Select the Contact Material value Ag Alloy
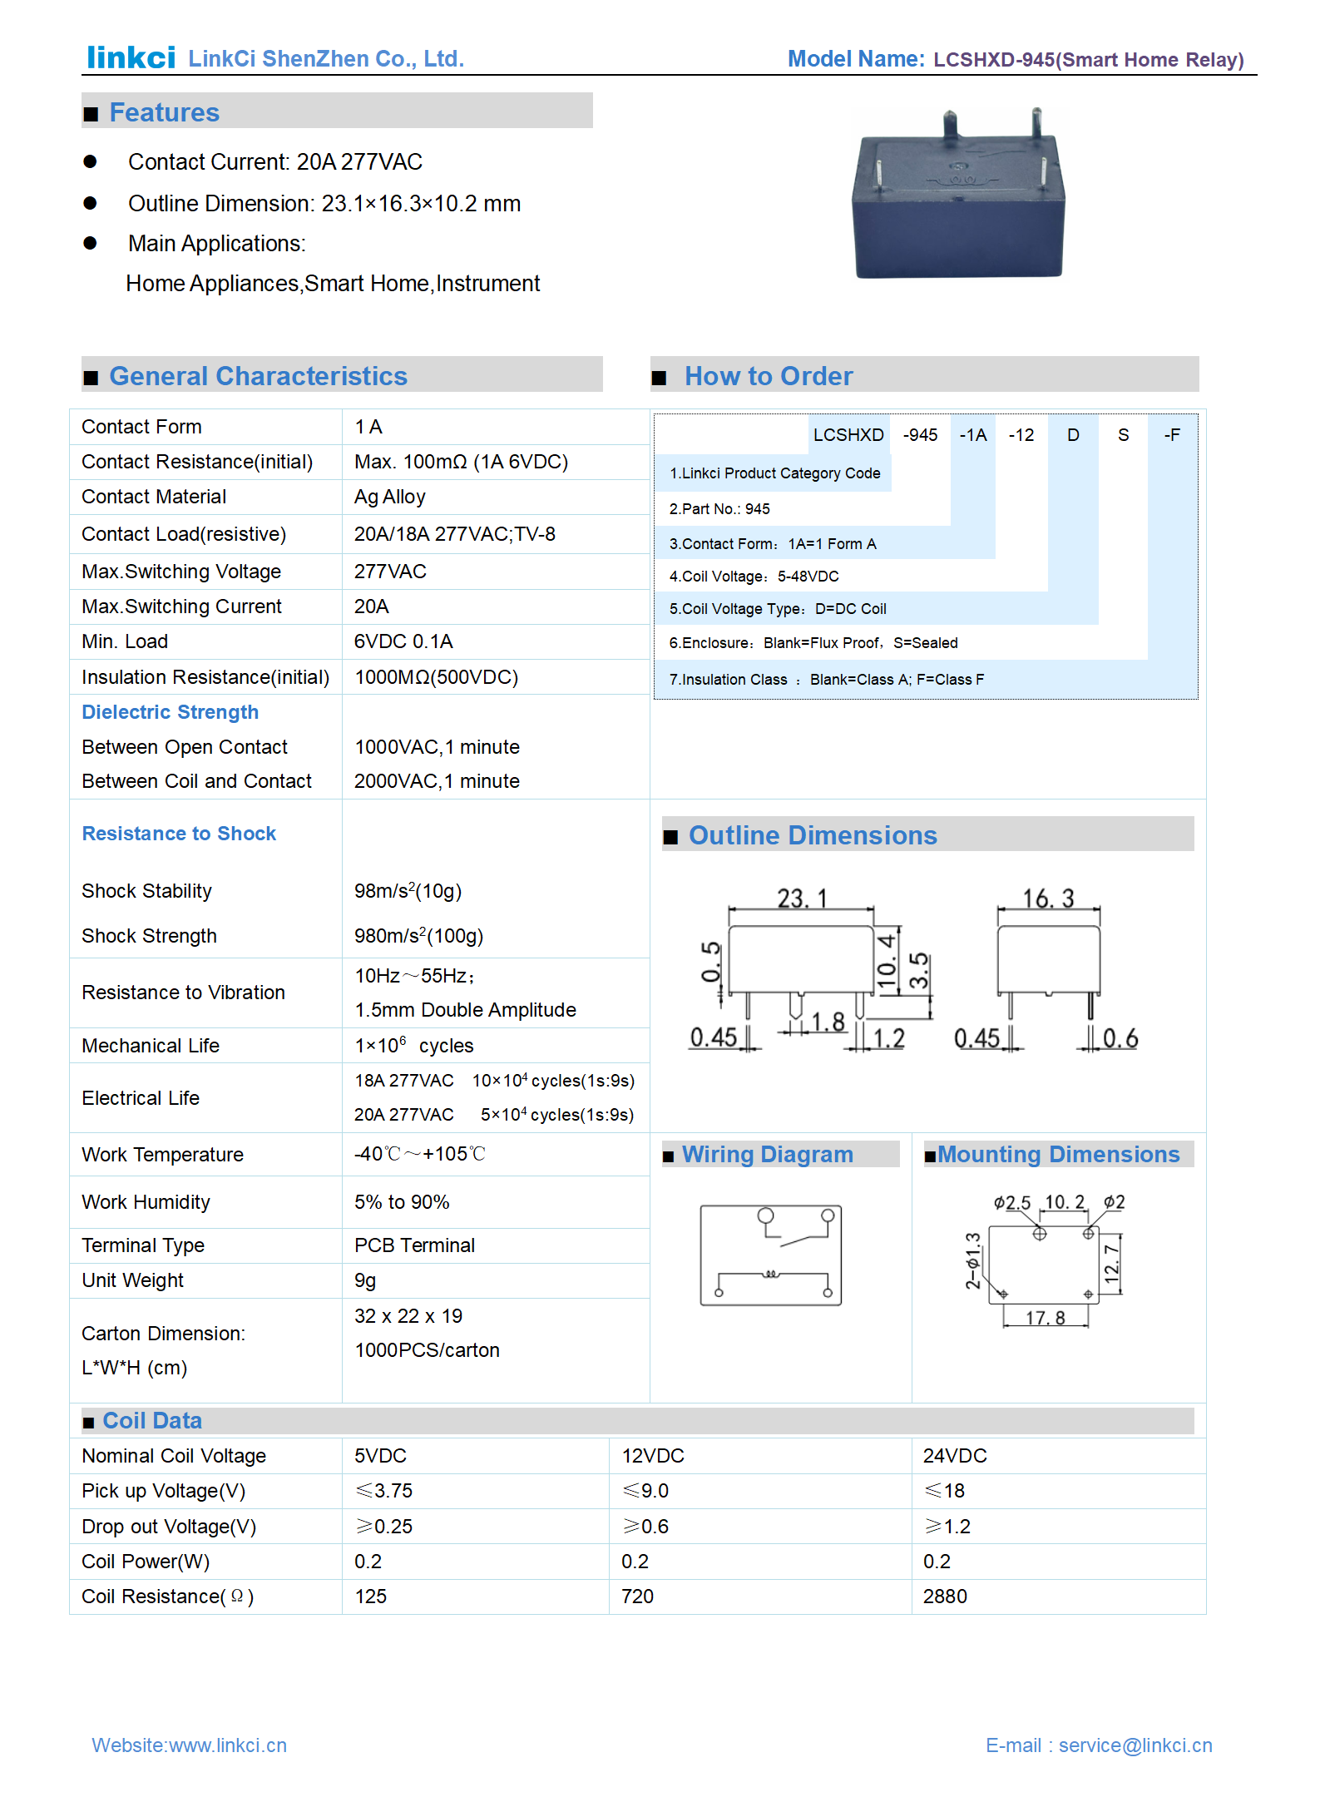pyautogui.click(x=389, y=497)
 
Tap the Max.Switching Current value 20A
pyautogui.click(x=371, y=606)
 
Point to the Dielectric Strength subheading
pyautogui.click(x=170, y=712)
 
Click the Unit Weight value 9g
pyautogui.click(x=365, y=1280)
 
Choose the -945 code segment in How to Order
pyautogui.click(x=920, y=435)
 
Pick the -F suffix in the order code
pyautogui.click(x=1171, y=435)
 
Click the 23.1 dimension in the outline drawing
pyautogui.click(x=802, y=899)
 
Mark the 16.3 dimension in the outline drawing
pyautogui.click(x=1048, y=899)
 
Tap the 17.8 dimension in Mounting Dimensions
pyautogui.click(x=1045, y=1318)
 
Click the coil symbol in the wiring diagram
pyautogui.click(x=771, y=1274)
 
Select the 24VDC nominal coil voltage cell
pyautogui.click(x=955, y=1456)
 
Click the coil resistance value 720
pyautogui.click(x=637, y=1597)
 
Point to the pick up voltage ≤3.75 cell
pyautogui.click(x=384, y=1491)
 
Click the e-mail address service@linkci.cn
pyautogui.click(x=1135, y=1745)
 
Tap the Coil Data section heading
pyautogui.click(x=151, y=1421)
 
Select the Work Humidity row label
pyautogui.click(x=146, y=1202)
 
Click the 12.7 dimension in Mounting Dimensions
pyautogui.click(x=1111, y=1263)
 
